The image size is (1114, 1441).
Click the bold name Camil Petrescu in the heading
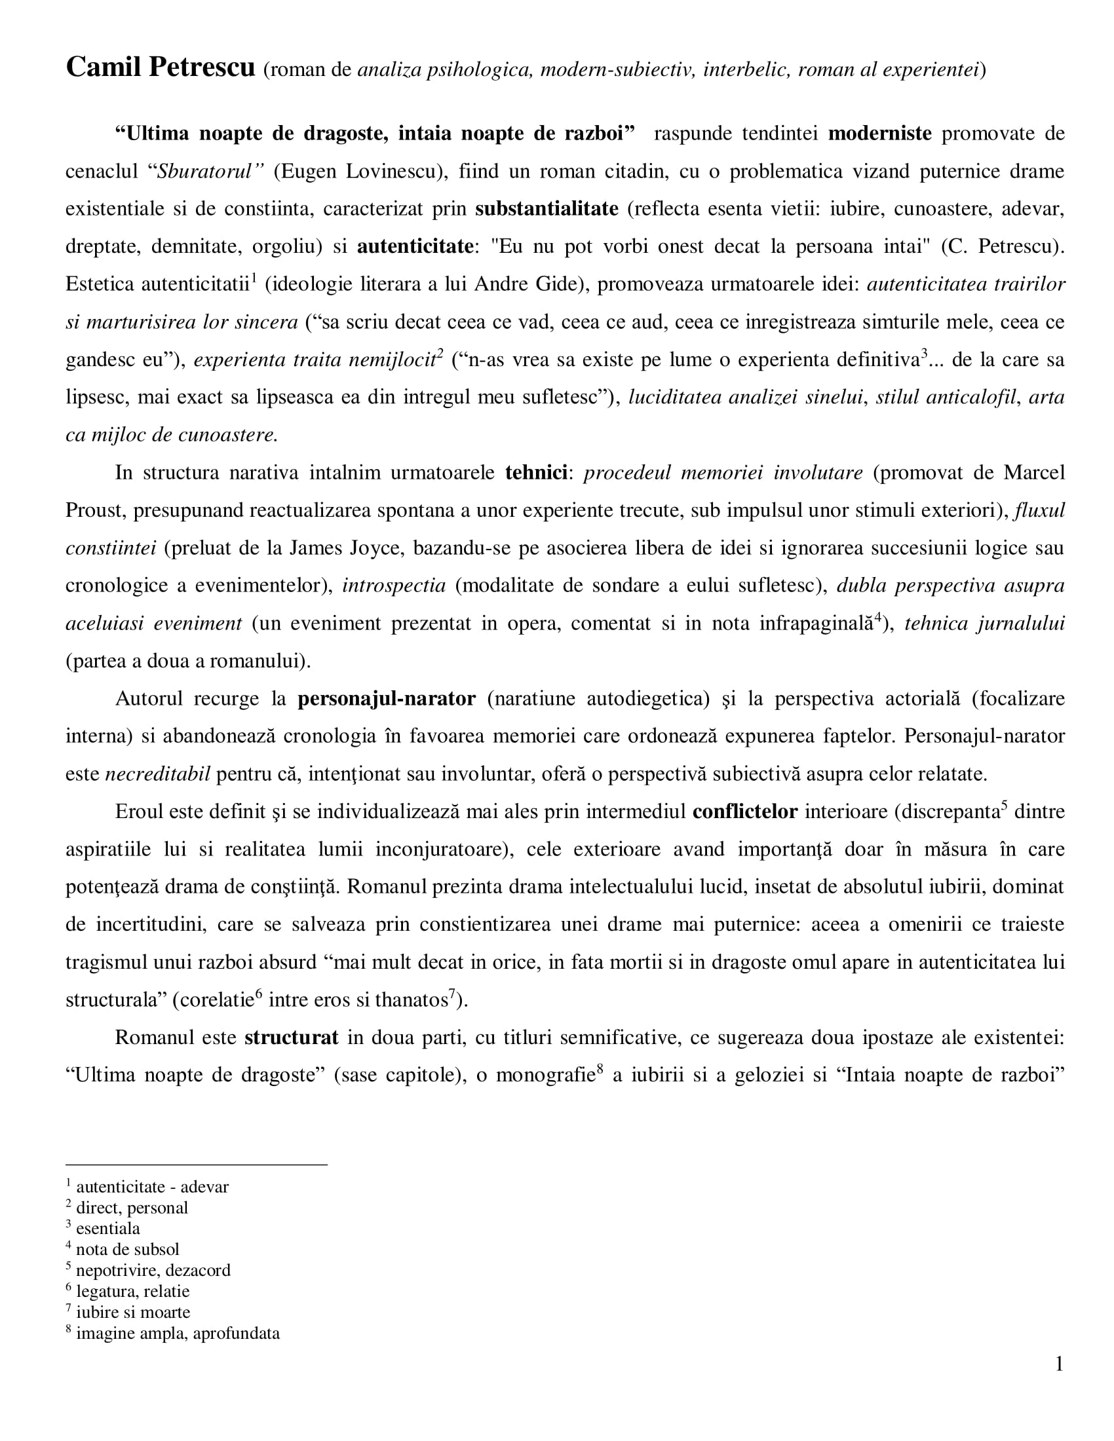click(x=160, y=67)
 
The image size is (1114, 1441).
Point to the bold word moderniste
click(x=879, y=134)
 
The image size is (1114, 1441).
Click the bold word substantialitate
click(x=547, y=209)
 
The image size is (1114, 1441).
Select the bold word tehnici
click(x=536, y=473)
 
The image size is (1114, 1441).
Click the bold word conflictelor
click(x=745, y=812)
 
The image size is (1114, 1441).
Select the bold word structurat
click(x=291, y=1038)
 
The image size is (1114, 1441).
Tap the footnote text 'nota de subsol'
click(x=127, y=1250)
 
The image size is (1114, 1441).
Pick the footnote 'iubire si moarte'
click(x=132, y=1313)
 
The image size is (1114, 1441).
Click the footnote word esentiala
click(x=107, y=1229)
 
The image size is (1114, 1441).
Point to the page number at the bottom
click(x=1058, y=1364)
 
